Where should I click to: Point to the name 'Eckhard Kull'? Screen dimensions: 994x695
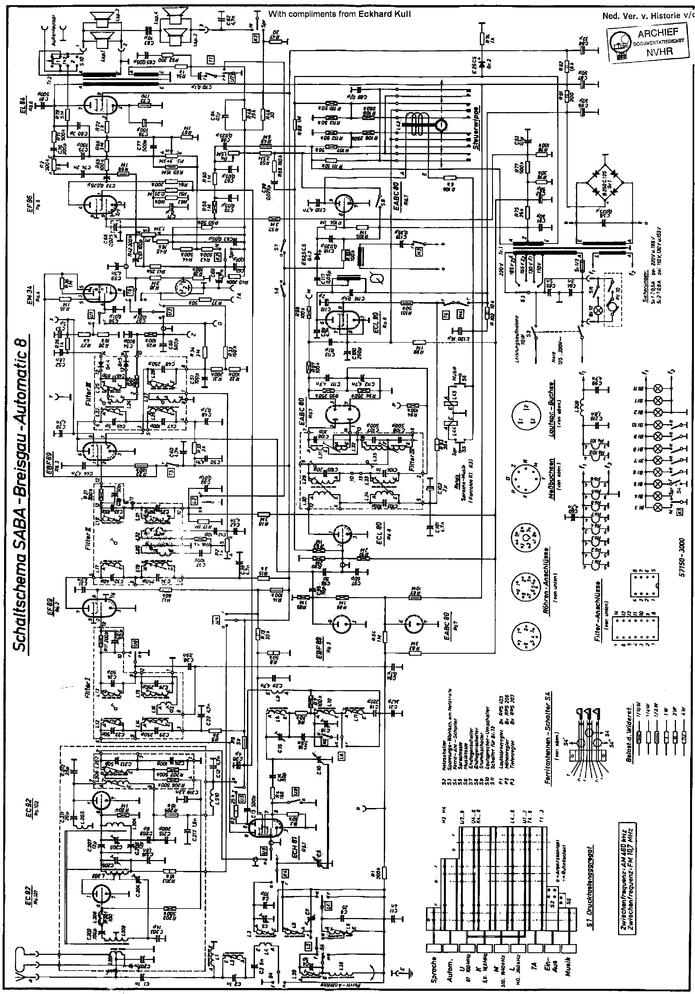coord(384,14)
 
